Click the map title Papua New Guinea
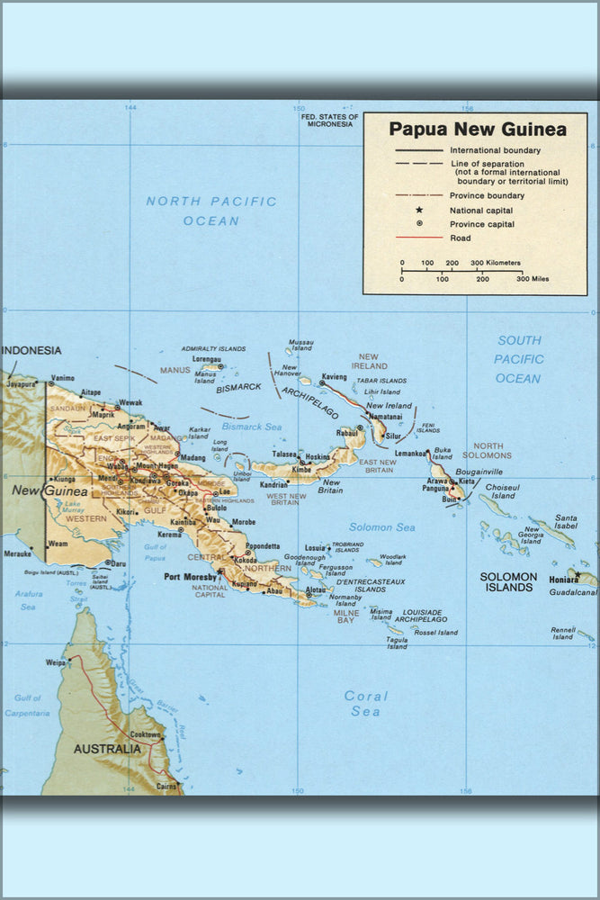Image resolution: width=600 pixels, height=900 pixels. coord(478,130)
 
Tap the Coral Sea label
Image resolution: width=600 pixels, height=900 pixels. coord(366,703)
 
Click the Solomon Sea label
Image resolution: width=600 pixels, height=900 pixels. coord(382,526)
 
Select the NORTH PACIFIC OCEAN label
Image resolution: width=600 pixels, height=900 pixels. coord(211,211)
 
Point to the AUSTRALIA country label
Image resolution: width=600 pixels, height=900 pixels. coord(106,749)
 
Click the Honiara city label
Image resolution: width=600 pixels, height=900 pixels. coord(564,580)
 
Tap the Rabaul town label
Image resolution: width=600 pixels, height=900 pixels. coord(347,433)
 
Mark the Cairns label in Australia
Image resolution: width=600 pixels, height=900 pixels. coord(165,786)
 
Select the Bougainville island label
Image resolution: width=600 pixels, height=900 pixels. coord(479,471)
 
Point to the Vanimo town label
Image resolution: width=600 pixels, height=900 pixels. coord(63,378)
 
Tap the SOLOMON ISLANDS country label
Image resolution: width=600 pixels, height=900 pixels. coord(508,581)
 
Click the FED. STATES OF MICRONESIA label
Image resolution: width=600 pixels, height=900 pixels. coord(329,120)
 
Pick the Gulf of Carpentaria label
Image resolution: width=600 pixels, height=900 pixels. coord(28,705)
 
